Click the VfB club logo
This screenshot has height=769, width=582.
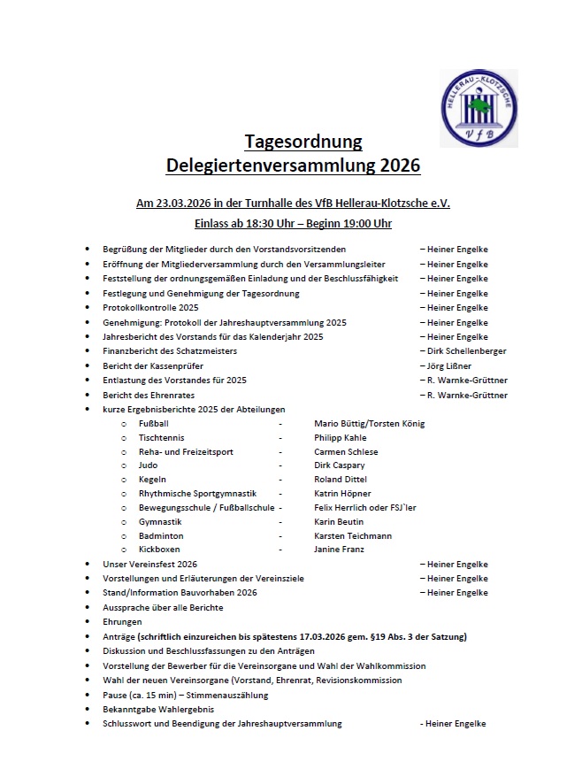pyautogui.click(x=479, y=108)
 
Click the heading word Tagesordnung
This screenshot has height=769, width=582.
pyautogui.click(x=303, y=142)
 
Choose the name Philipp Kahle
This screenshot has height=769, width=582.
pyautogui.click(x=340, y=437)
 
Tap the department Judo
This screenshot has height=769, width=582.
pyautogui.click(x=149, y=465)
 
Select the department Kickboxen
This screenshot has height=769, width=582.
pyautogui.click(x=159, y=550)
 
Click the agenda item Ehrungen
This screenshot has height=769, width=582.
pyautogui.click(x=122, y=622)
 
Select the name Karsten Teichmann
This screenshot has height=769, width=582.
pyautogui.click(x=352, y=535)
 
